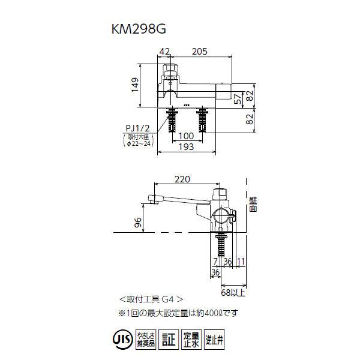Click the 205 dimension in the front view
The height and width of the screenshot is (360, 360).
pos(199,52)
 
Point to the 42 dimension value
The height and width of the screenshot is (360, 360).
pos(166,52)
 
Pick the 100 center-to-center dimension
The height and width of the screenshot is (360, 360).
pos(187,137)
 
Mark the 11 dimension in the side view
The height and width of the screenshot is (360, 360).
pos(240,262)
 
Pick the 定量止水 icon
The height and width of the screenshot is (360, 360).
pos(191,340)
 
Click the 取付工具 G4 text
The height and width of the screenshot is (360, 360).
pos(148,298)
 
